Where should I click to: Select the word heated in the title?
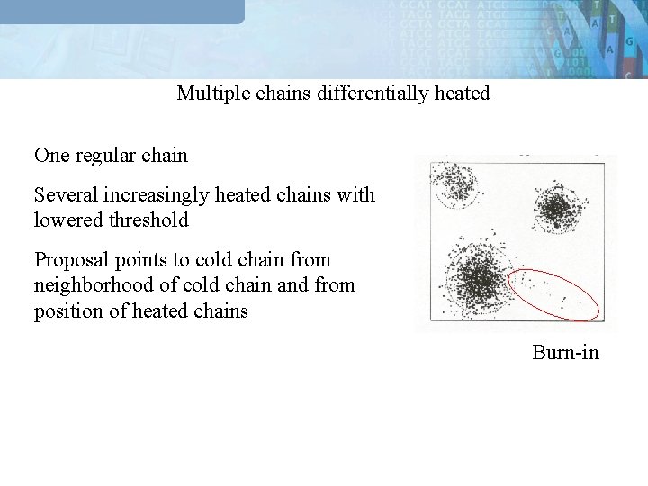click(x=461, y=94)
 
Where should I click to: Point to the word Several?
click(x=64, y=195)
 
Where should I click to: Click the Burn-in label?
click(x=565, y=352)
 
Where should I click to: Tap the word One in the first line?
click(x=50, y=156)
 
